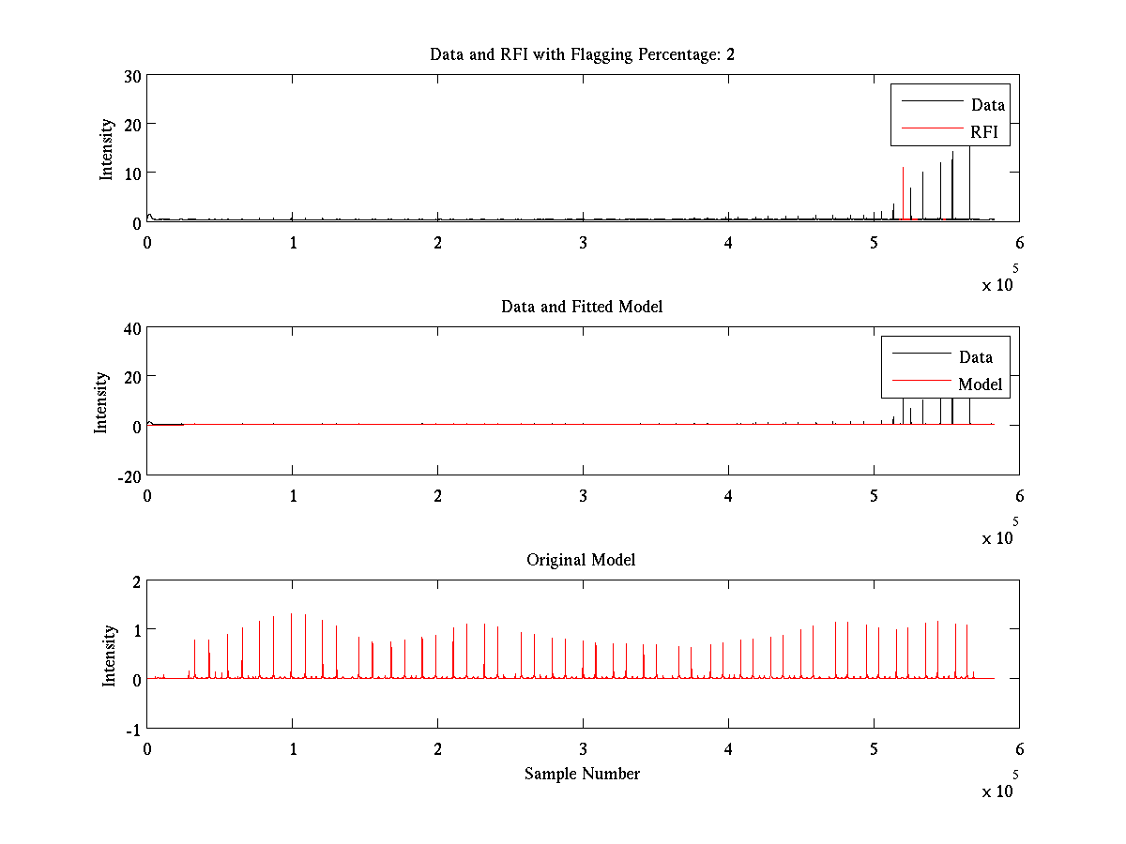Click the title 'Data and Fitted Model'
click(x=581, y=307)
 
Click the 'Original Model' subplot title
click(x=581, y=560)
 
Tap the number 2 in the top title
click(x=730, y=54)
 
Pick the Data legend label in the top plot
click(x=987, y=104)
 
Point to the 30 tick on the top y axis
click(x=132, y=77)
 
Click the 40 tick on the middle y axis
click(x=132, y=329)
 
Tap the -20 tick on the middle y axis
click(x=129, y=477)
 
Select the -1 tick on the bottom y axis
click(x=133, y=730)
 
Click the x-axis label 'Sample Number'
click(x=582, y=774)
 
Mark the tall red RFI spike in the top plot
click(x=903, y=193)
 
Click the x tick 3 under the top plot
click(x=583, y=243)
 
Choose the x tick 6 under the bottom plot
click(x=1019, y=749)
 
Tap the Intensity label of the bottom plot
click(x=108, y=656)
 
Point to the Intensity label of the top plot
click(x=106, y=149)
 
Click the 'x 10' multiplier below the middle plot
click(x=997, y=538)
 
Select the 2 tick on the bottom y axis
click(x=136, y=582)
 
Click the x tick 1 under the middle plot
click(x=293, y=496)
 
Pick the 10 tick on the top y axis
click(x=132, y=174)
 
